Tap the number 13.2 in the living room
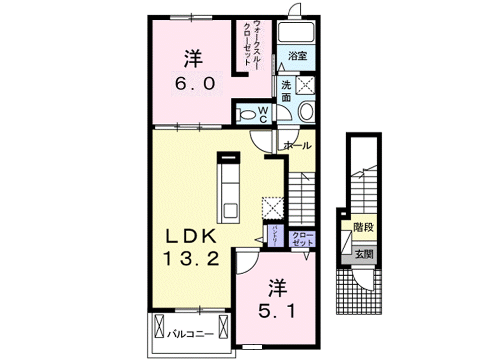[x=190, y=258]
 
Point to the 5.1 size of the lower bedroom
[x=276, y=311]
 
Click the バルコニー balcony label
[x=190, y=333]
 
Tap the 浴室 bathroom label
[x=297, y=55]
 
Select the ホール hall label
[x=298, y=146]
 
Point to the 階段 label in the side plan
[x=363, y=227]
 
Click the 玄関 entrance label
[x=364, y=254]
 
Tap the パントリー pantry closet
[x=275, y=236]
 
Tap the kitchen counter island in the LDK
[x=229, y=187]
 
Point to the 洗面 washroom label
[x=285, y=90]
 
